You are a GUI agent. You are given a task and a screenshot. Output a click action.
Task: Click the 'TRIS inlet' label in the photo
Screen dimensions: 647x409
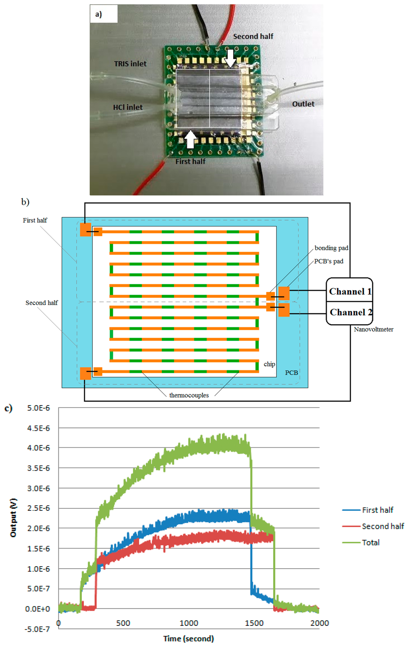click(130, 64)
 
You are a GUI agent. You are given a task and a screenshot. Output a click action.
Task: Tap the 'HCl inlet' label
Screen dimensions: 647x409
click(128, 107)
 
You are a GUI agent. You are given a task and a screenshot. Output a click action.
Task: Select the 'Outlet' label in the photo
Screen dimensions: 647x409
click(303, 104)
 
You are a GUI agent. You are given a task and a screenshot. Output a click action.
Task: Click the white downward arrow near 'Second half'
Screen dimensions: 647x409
click(230, 58)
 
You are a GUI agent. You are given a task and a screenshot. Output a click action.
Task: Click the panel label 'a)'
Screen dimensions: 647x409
click(98, 14)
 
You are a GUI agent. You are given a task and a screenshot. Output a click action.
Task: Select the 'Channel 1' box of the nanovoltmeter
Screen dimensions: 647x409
click(350, 291)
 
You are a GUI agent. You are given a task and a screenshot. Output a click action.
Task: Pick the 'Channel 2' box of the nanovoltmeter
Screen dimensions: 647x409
click(350, 312)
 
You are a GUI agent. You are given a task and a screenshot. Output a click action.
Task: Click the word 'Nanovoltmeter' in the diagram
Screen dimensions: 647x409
click(373, 329)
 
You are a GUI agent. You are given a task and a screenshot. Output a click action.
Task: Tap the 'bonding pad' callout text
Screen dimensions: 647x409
click(331, 248)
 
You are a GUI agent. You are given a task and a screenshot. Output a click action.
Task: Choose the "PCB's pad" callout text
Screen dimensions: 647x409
click(328, 261)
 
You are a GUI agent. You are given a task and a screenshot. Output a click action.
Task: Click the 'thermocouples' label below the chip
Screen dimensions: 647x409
click(189, 395)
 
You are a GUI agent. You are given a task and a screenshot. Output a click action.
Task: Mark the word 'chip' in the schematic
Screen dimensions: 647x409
click(269, 364)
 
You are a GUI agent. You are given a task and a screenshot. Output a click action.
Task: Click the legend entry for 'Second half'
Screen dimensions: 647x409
click(383, 526)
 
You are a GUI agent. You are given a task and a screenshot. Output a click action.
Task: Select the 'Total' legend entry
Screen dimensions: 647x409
click(371, 542)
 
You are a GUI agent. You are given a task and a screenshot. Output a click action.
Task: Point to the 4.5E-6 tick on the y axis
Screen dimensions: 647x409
click(38, 428)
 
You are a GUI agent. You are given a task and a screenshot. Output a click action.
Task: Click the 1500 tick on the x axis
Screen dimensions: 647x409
click(254, 623)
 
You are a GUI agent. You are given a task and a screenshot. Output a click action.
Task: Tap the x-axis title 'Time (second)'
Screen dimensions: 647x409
click(189, 639)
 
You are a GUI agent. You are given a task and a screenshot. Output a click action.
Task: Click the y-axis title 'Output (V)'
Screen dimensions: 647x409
click(14, 518)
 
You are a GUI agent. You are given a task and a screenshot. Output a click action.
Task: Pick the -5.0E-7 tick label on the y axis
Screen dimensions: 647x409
click(37, 629)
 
